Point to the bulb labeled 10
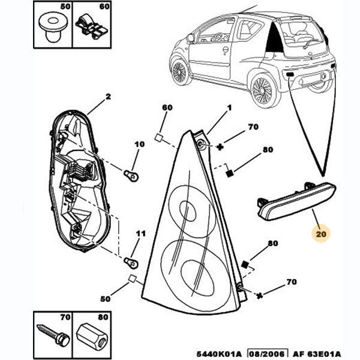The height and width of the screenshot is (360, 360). click(128, 173)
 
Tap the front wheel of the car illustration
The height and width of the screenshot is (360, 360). click(179, 71)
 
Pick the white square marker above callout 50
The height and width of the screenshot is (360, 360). click(131, 277)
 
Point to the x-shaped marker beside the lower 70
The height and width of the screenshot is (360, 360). click(259, 296)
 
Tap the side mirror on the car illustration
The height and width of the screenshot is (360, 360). click(190, 38)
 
